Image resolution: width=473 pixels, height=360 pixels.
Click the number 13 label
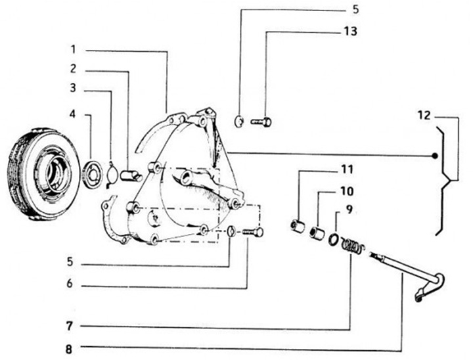coord(350,31)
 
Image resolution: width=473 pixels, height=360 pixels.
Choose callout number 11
coord(346,169)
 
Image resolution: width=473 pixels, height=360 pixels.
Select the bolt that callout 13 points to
coord(261,122)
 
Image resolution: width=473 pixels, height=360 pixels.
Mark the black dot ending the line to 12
coord(434,156)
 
